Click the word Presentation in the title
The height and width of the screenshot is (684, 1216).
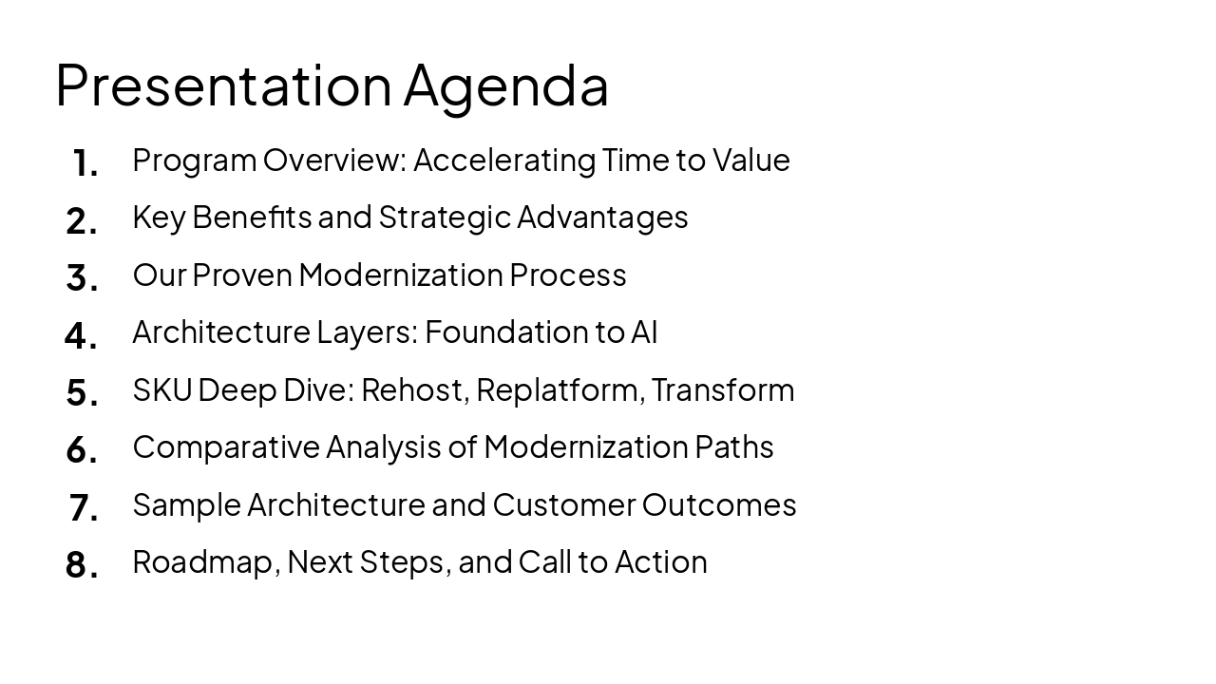pyautogui.click(x=223, y=85)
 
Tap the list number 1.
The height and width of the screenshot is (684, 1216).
pyautogui.click(x=85, y=164)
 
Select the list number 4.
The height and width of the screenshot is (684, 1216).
pyautogui.click(x=81, y=336)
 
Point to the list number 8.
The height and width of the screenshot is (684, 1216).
pyautogui.click(x=82, y=565)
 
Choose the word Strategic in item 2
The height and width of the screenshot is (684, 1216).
pyautogui.click(x=445, y=218)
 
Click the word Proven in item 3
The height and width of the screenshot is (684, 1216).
pyautogui.click(x=242, y=275)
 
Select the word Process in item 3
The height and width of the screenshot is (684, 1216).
pyautogui.click(x=567, y=275)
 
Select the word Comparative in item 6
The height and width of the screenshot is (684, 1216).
pyautogui.click(x=226, y=447)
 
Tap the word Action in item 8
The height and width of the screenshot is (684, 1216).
pyautogui.click(x=660, y=561)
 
